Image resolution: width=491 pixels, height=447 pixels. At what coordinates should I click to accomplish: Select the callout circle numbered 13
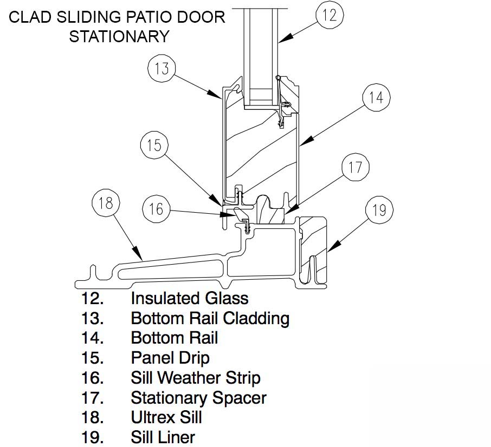tap(161, 69)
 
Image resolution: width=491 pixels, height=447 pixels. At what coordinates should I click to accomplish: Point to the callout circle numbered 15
tap(154, 145)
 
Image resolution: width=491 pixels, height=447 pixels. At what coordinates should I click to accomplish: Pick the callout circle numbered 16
tap(156, 209)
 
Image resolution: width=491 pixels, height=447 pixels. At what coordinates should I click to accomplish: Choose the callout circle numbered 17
tap(355, 168)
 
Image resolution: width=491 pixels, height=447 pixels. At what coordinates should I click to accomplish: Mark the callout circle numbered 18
tap(106, 203)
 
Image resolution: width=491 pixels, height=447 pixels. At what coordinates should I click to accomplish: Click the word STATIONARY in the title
tap(119, 36)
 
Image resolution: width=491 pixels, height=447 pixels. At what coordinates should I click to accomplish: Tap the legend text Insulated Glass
tap(189, 298)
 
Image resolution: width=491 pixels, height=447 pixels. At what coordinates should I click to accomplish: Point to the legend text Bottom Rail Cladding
tap(210, 318)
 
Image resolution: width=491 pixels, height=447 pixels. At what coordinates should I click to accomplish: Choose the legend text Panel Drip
tap(170, 358)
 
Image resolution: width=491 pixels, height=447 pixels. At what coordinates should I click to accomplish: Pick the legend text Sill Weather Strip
tap(195, 378)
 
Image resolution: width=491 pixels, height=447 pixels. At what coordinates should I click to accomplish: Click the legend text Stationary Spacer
tap(198, 398)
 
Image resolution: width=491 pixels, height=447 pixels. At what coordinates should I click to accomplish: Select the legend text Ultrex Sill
tap(166, 417)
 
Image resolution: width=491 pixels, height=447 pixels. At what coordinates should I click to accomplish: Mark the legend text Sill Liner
tap(163, 437)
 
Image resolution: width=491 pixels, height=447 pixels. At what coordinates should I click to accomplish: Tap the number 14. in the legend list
tap(92, 338)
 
